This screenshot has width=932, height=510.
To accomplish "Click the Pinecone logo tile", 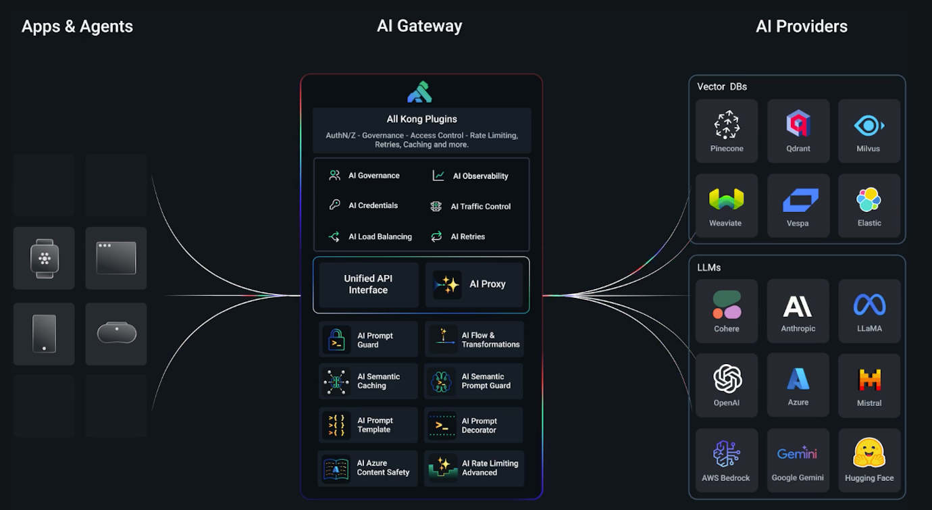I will tap(727, 130).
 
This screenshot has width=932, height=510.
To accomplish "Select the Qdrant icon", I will tap(798, 124).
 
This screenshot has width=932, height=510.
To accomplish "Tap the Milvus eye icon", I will tap(869, 126).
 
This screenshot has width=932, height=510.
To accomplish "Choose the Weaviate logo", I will tap(726, 199).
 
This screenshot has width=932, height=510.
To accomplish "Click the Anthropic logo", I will tap(798, 306).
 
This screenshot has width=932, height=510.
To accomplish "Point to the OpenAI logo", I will tap(727, 378).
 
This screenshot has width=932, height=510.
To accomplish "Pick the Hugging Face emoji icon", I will tap(869, 453).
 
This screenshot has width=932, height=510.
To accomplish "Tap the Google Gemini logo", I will tap(798, 454).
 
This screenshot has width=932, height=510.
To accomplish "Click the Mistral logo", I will tap(869, 380).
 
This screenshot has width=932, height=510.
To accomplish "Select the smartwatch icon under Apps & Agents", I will tap(45, 258).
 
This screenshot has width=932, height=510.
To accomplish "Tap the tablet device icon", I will tap(45, 334).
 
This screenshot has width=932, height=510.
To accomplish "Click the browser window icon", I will tap(116, 258).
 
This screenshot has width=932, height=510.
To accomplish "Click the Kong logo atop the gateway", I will tap(419, 92).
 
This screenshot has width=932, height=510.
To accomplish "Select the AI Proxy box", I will tap(477, 284).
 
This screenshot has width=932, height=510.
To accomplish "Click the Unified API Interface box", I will tap(369, 284).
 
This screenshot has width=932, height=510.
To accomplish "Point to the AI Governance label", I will tap(373, 176).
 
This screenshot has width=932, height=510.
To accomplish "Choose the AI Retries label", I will tap(467, 236).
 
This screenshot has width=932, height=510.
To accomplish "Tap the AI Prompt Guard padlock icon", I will tap(336, 340).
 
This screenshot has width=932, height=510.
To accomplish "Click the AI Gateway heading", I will tap(419, 26).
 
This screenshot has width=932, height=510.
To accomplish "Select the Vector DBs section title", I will tap(722, 86).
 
